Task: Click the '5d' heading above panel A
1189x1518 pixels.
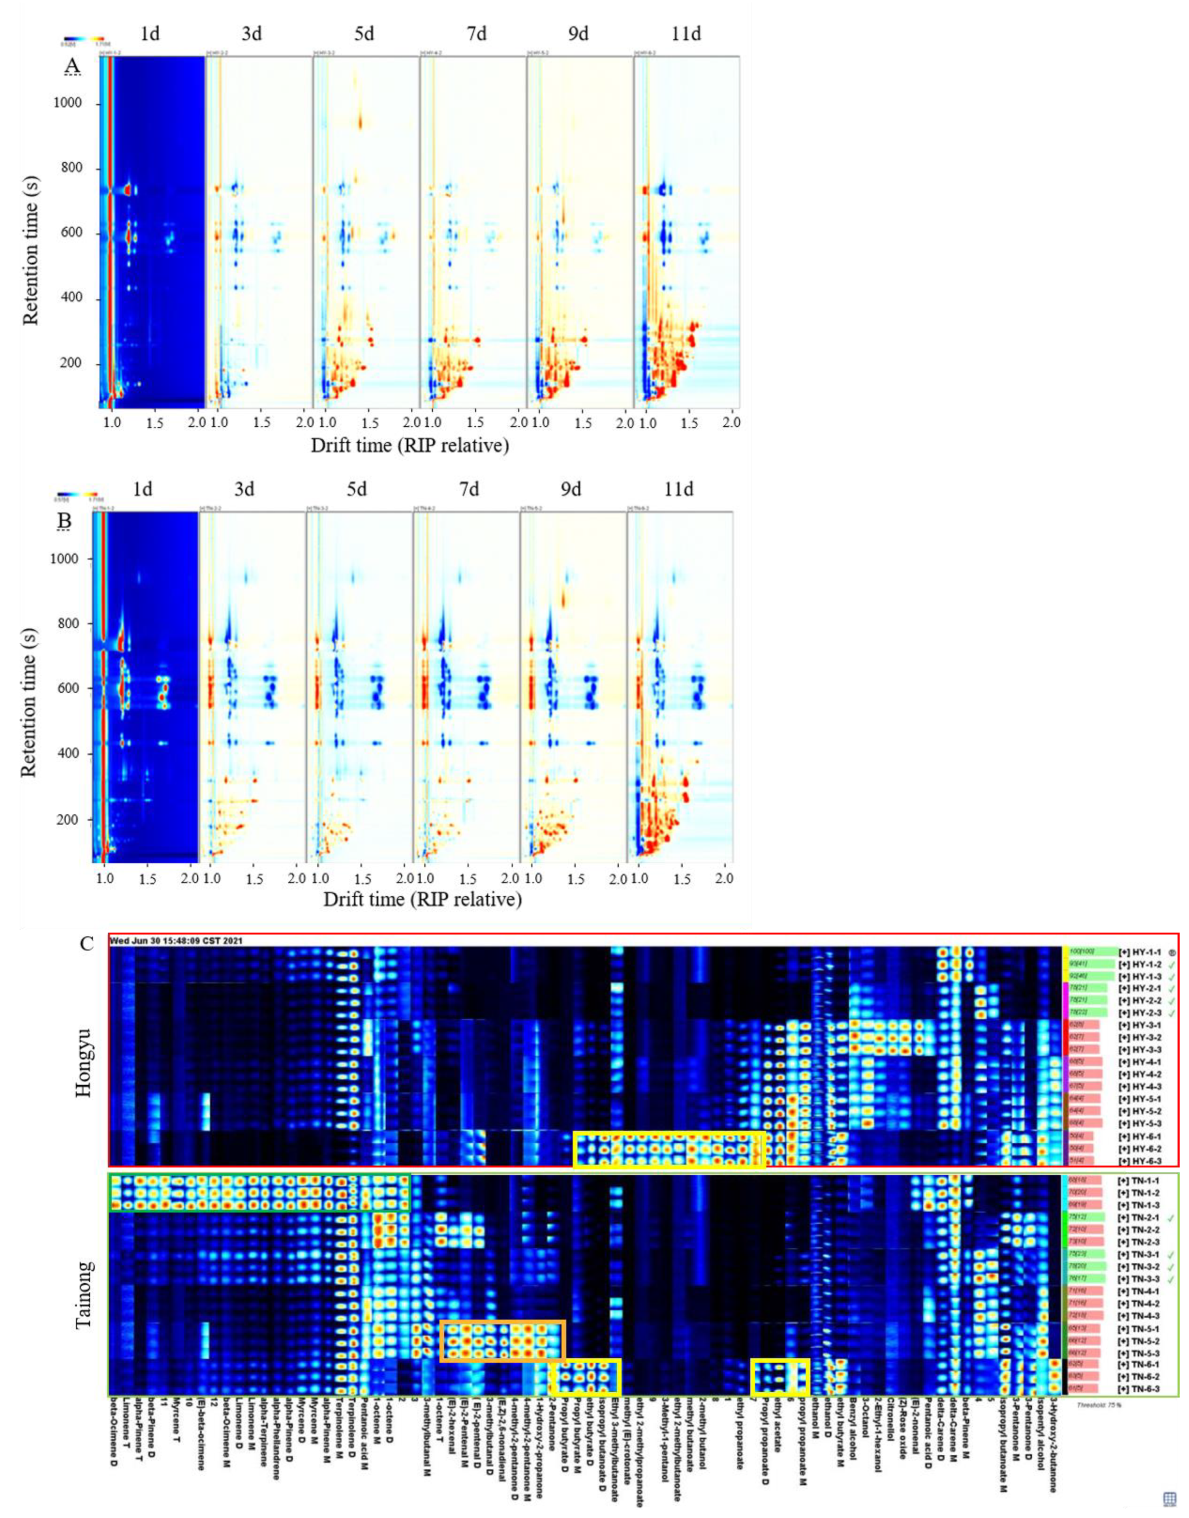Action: (x=364, y=34)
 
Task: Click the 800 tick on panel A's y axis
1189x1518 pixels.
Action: (x=68, y=168)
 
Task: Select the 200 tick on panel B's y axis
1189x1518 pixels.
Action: (x=68, y=820)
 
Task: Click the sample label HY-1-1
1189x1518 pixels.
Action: (x=1139, y=952)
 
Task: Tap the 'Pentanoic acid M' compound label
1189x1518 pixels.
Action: (x=363, y=1420)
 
